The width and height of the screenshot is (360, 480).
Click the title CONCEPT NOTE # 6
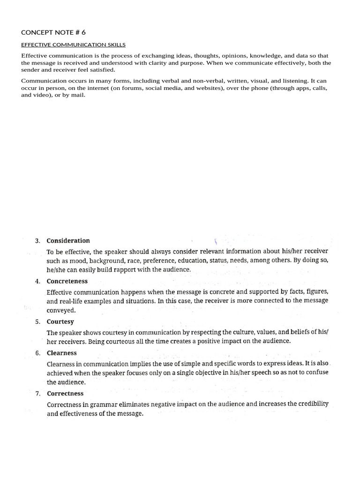coord(53,32)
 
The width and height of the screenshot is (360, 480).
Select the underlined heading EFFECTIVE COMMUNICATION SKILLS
coord(73,45)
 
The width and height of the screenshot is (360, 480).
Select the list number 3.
coord(37,241)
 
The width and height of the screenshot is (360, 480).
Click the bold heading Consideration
coord(68,241)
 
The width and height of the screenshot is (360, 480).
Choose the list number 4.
coord(37,281)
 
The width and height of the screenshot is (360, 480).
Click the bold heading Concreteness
coord(67,281)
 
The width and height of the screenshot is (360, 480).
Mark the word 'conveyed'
coord(61,310)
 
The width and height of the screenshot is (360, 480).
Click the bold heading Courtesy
coord(60,322)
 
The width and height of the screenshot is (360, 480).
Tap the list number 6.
coord(37,353)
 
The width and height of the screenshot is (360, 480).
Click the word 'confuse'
coord(317,373)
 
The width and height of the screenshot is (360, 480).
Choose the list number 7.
coord(37,394)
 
